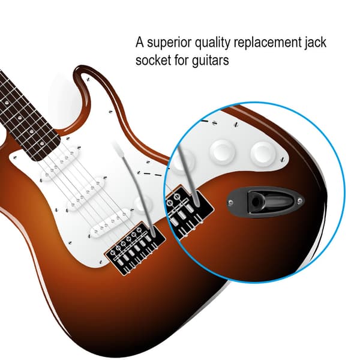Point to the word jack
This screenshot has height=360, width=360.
pyautogui.click(x=315, y=43)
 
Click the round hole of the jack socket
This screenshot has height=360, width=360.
pyautogui.click(x=255, y=202)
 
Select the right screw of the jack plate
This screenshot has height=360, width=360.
pyautogui.click(x=300, y=201)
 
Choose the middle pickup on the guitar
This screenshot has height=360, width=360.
pyautogui.click(x=86, y=194)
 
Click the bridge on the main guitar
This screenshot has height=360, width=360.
pyautogui.click(x=135, y=248)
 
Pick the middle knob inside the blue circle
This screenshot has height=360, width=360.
pyautogui.click(x=222, y=151)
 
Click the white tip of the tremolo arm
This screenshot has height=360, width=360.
pyautogui.click(x=119, y=149)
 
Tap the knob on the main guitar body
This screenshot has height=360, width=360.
pyautogui.click(x=142, y=204)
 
